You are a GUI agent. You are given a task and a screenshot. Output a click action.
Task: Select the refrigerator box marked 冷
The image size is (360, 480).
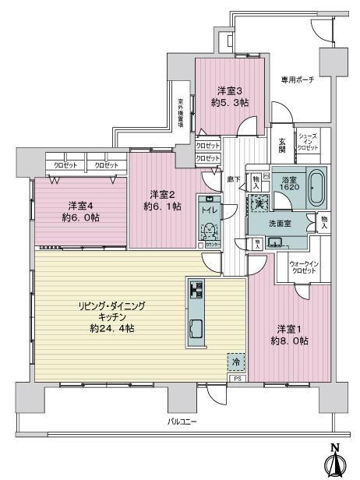pyautogui.click(x=235, y=362)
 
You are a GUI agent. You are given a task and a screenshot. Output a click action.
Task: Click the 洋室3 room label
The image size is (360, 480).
pyautogui.click(x=225, y=90)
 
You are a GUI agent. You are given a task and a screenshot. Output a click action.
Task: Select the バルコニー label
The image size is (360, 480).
pyautogui.click(x=182, y=422)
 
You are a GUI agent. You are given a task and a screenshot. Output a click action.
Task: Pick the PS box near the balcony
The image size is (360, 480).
pyautogui.click(x=237, y=379)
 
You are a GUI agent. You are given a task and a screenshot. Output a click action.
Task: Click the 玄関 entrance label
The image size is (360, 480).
pyautogui.click(x=282, y=146)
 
